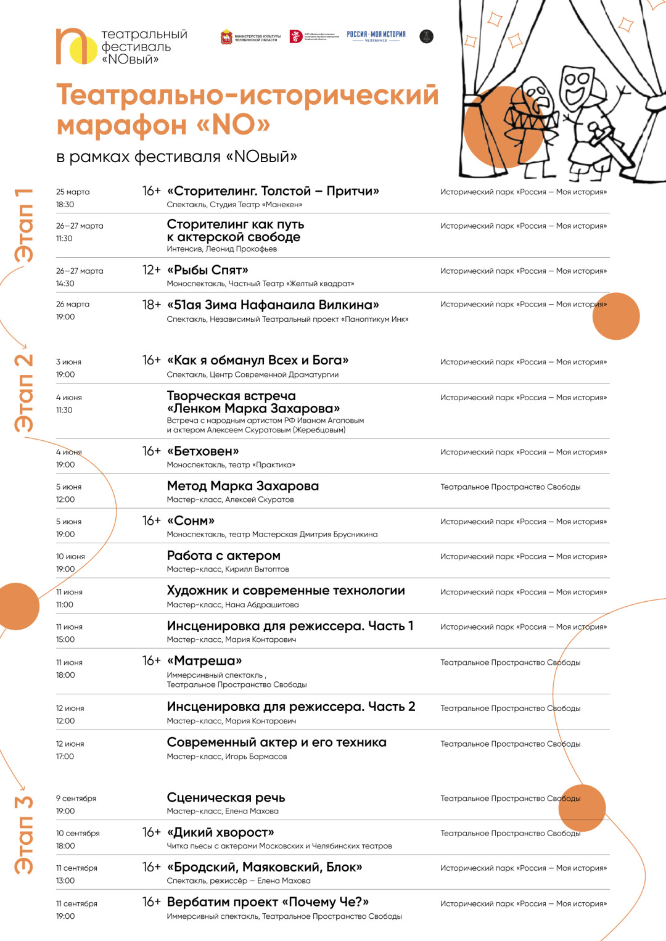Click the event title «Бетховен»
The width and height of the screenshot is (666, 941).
(x=203, y=451)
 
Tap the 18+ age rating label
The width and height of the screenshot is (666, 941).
(x=151, y=305)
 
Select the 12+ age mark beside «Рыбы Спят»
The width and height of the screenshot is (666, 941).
(x=151, y=270)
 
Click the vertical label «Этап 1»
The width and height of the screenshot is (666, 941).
(x=24, y=225)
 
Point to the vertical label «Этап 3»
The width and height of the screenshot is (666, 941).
(x=24, y=834)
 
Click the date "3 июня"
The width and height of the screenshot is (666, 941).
(x=68, y=362)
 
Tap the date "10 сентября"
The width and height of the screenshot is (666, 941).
(x=78, y=833)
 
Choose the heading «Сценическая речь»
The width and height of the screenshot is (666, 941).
(x=226, y=798)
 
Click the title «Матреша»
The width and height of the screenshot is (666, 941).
(x=204, y=661)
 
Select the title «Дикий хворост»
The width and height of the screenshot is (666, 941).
(x=220, y=832)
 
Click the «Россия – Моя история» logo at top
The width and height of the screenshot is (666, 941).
(x=376, y=36)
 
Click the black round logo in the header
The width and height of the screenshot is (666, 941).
(x=426, y=36)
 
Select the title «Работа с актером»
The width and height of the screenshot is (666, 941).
(x=223, y=556)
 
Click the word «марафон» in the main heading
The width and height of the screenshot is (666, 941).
(x=121, y=125)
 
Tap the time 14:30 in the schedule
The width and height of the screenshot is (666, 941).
(x=65, y=284)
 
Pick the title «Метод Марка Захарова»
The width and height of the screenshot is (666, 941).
(x=242, y=486)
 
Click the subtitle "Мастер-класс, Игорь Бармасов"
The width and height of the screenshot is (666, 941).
(x=226, y=757)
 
